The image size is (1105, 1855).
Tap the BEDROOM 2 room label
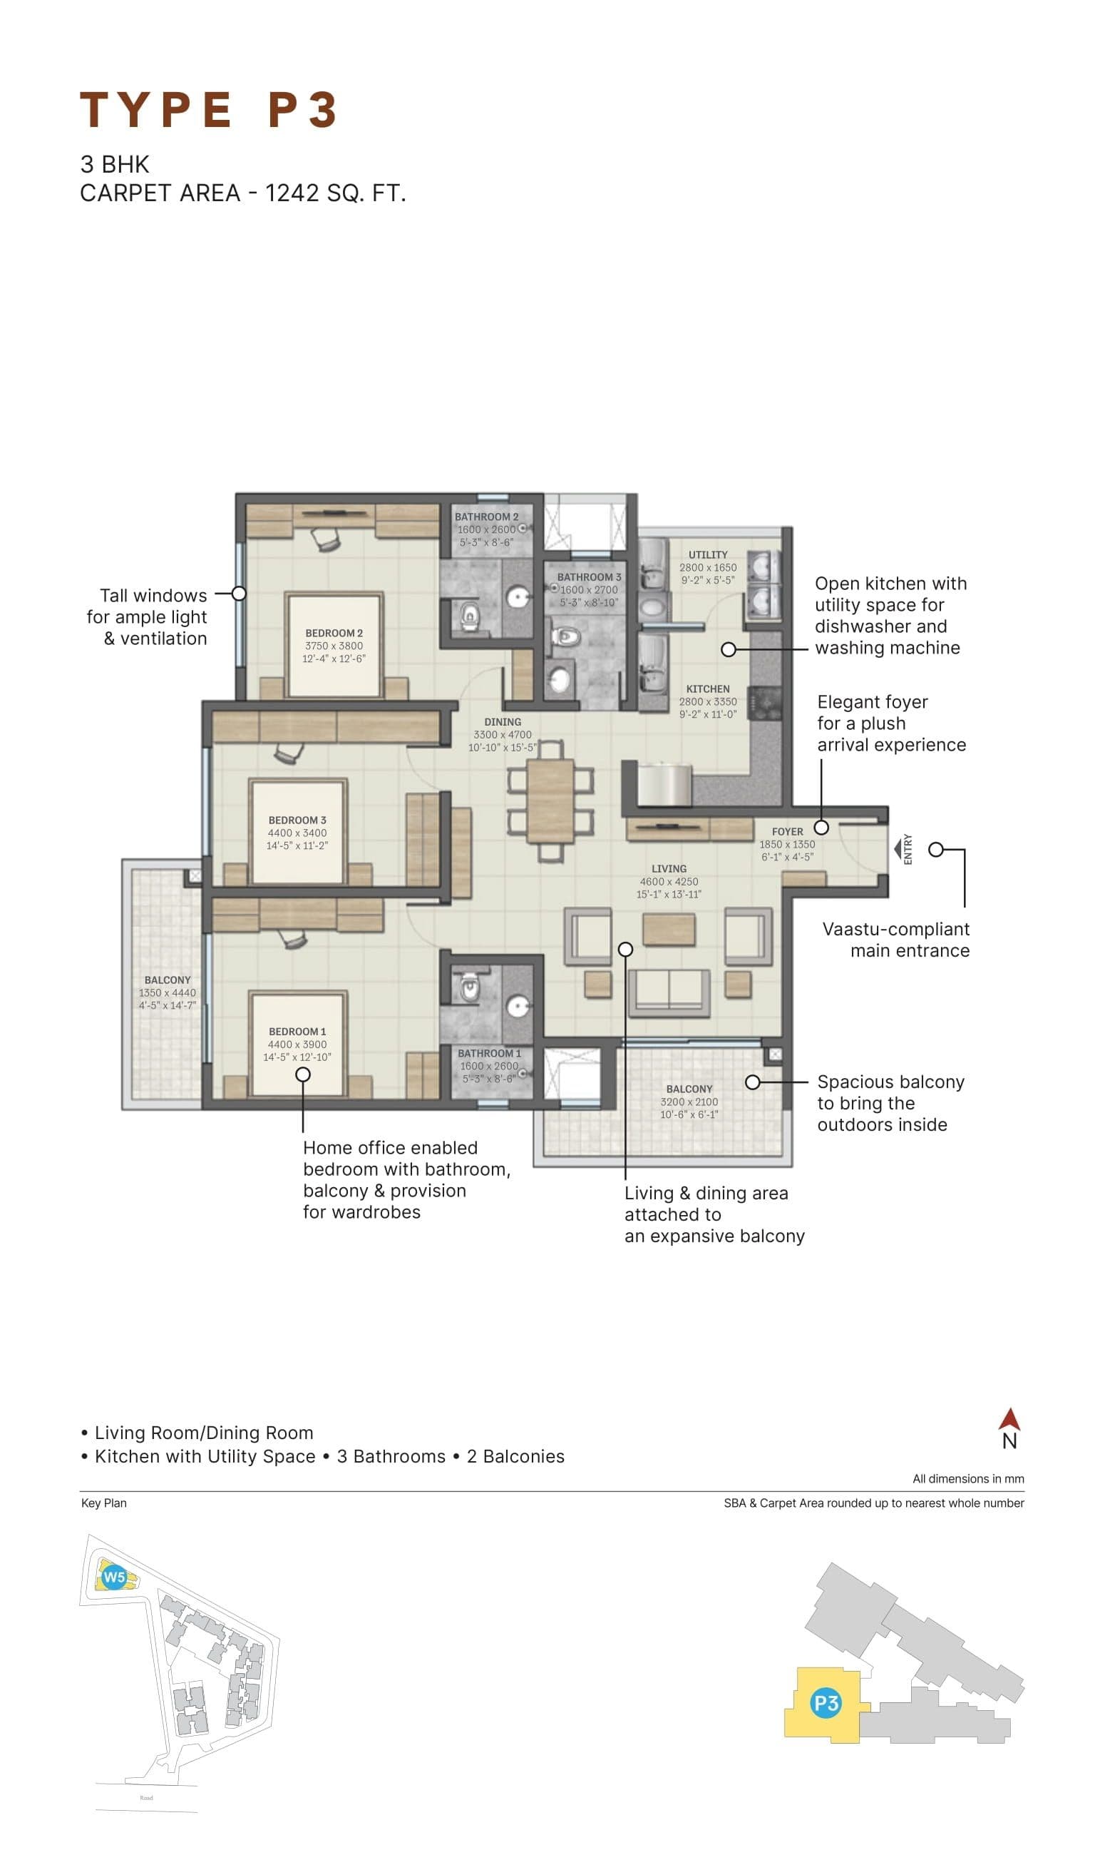pyautogui.click(x=334, y=633)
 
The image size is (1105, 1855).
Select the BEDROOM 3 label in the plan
pyautogui.click(x=297, y=820)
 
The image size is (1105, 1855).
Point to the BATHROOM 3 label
pyautogui.click(x=588, y=576)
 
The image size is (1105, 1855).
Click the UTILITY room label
pyautogui.click(x=707, y=554)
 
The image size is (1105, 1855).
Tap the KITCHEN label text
pyautogui.click(x=707, y=688)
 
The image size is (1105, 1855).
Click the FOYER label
pyautogui.click(x=787, y=830)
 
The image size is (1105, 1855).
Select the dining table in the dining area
pyautogui.click(x=550, y=800)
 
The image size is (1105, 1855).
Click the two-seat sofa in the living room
pyautogui.click(x=669, y=992)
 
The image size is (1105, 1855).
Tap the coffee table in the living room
pyautogui.click(x=669, y=930)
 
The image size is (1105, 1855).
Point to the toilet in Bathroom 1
pyautogui.click(x=469, y=987)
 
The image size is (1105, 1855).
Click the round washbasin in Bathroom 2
pyautogui.click(x=518, y=596)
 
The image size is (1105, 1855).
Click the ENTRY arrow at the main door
pyautogui.click(x=898, y=848)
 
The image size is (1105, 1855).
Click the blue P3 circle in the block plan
pyautogui.click(x=825, y=1702)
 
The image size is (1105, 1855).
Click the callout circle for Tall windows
pyautogui.click(x=238, y=594)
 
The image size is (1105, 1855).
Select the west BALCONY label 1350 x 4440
pyautogui.click(x=168, y=992)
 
